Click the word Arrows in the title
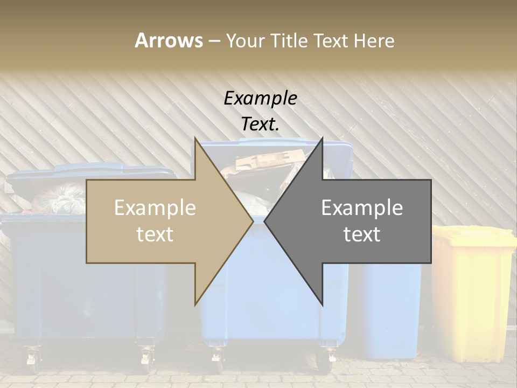pos(169,40)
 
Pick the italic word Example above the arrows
pos(260,99)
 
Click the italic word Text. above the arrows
pos(260,124)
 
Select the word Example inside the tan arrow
pos(155,208)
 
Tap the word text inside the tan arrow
pos(155,234)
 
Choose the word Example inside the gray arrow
pos(362,208)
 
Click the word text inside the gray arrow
pos(362,234)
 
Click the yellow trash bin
pos(471,296)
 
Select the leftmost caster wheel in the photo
pos(32,358)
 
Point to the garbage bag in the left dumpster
pos(59,198)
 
